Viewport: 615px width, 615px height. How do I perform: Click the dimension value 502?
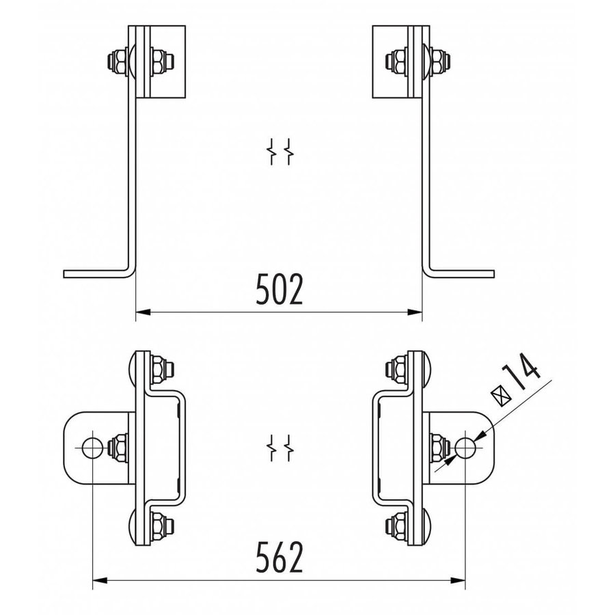(279, 290)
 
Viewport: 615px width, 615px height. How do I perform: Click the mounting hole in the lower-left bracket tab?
(91, 448)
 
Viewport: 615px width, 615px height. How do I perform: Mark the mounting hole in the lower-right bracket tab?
(467, 448)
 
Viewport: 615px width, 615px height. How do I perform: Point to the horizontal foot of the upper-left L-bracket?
(96, 273)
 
